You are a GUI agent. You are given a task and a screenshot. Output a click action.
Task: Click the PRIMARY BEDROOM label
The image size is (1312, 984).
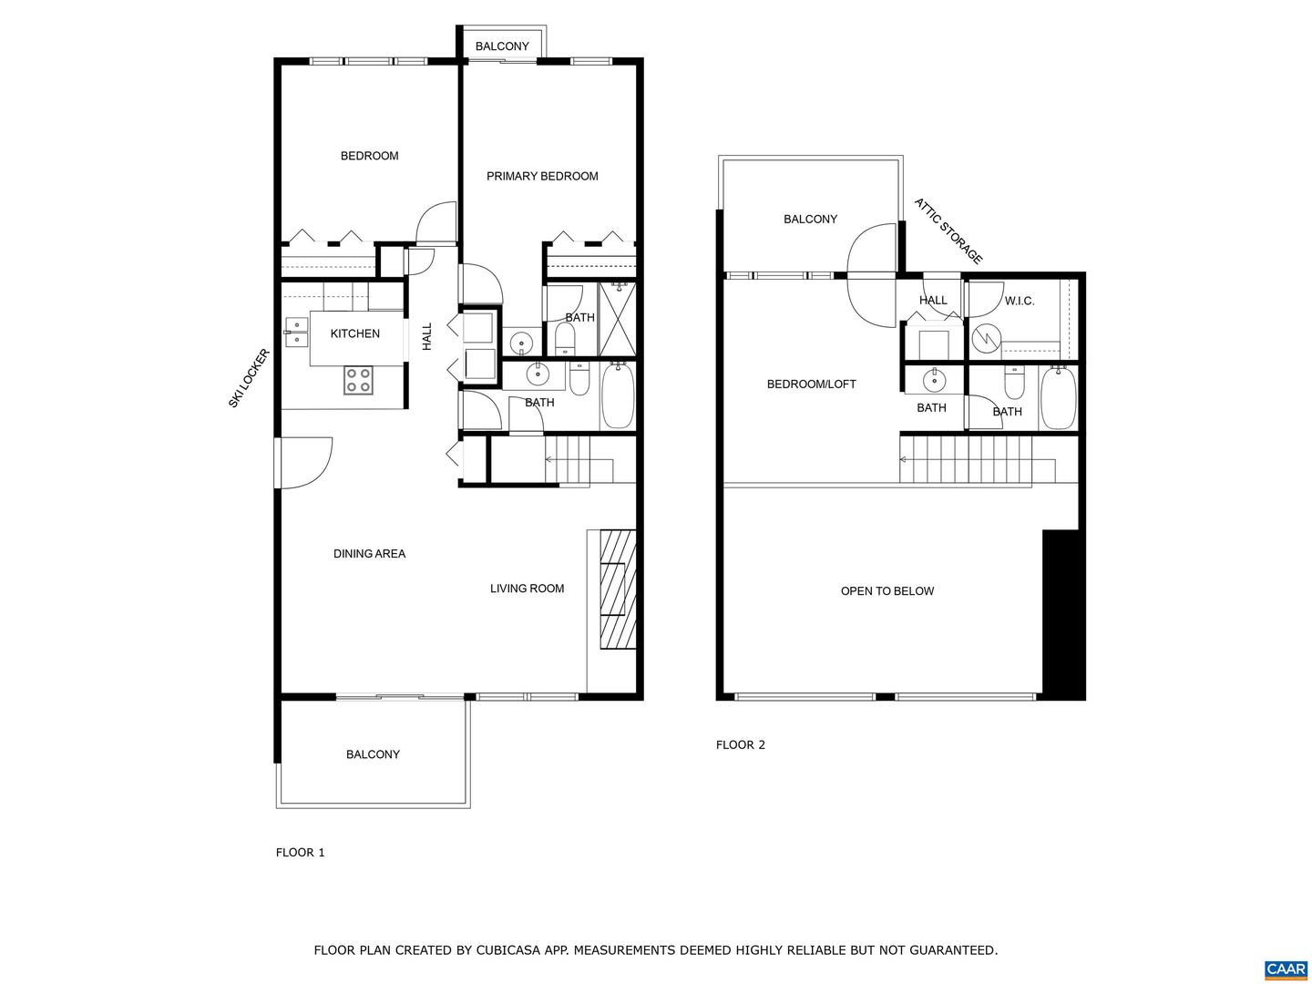click(542, 176)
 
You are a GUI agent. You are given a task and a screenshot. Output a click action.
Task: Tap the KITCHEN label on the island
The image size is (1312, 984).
click(354, 333)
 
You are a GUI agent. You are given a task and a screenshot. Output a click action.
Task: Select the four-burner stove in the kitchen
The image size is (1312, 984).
click(358, 380)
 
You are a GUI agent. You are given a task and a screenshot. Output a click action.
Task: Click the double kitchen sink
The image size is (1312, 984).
click(295, 333)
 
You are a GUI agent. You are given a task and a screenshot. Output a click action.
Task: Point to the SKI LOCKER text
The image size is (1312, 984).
click(249, 378)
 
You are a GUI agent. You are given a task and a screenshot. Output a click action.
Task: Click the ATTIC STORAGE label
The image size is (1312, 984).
click(948, 231)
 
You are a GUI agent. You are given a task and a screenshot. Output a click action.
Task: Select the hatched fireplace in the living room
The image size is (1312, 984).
click(617, 589)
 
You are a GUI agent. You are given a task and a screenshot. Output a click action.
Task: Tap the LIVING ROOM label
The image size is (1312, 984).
click(527, 589)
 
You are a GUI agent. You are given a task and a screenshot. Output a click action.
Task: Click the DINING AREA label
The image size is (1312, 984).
click(369, 553)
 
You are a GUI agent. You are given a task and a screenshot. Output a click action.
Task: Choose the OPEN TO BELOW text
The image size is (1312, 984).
click(887, 591)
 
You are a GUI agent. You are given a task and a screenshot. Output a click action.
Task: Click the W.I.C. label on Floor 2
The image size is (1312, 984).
click(1020, 301)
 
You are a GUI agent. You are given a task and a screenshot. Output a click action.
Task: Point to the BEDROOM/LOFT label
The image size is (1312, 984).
click(811, 384)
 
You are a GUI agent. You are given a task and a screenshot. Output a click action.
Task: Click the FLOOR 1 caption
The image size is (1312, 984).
click(300, 853)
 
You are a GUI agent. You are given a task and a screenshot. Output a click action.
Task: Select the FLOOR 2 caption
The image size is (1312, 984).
click(740, 744)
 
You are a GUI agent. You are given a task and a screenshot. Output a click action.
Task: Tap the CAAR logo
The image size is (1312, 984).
click(1286, 969)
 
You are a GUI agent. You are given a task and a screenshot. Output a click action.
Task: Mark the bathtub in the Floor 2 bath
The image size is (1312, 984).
click(1058, 397)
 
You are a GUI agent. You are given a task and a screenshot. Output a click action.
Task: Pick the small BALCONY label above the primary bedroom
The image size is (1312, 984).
click(502, 46)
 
